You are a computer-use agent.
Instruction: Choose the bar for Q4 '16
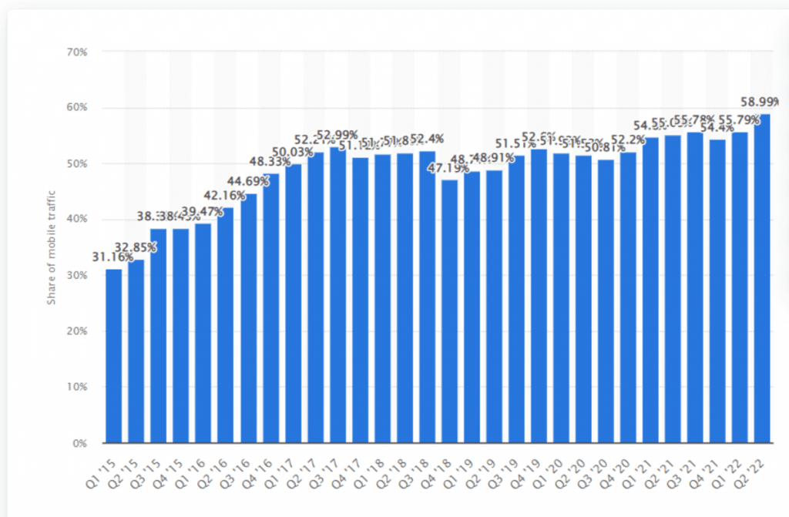(x=270, y=308)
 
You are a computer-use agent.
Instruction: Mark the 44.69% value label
(x=247, y=181)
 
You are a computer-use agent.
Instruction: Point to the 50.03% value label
(x=293, y=152)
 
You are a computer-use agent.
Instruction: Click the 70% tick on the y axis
(x=79, y=52)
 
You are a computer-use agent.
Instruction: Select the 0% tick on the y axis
(x=81, y=443)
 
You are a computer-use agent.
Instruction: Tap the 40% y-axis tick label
(x=79, y=220)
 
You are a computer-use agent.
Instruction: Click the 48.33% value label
(x=270, y=163)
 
